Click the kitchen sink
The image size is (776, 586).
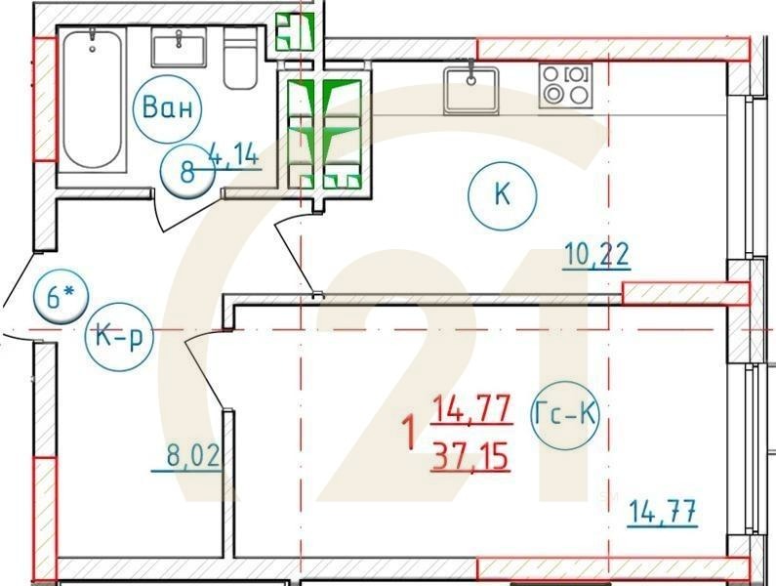[470, 90]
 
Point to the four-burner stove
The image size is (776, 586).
[565, 85]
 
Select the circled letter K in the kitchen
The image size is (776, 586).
[502, 194]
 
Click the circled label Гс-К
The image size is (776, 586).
[567, 415]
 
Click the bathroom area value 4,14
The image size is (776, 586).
[234, 153]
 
